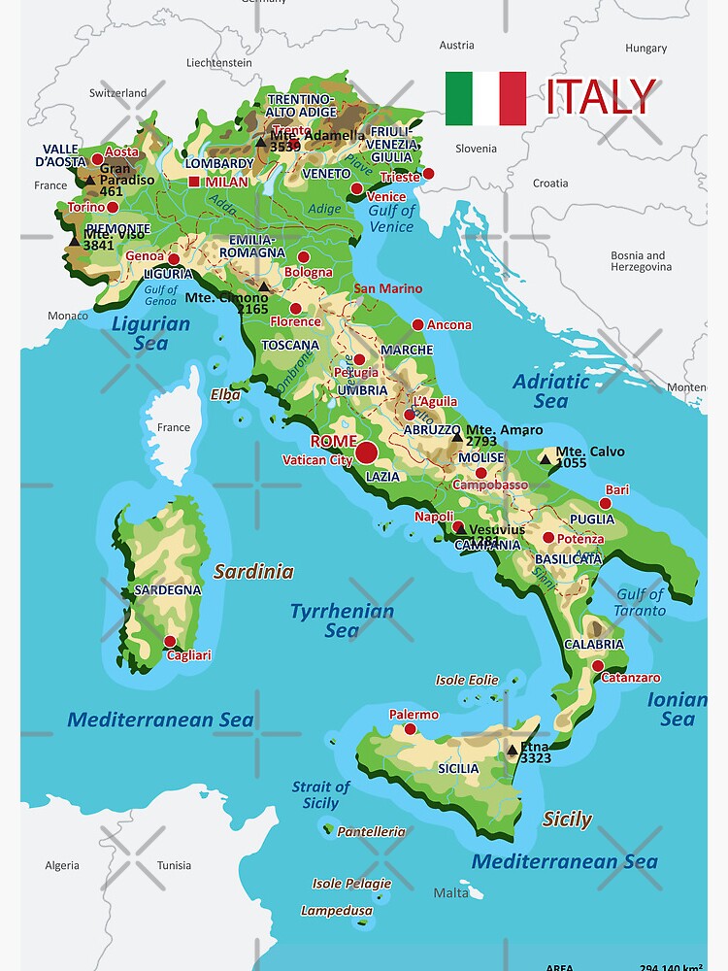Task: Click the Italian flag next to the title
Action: click(x=485, y=98)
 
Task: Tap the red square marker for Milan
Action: click(x=194, y=182)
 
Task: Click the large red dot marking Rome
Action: click(x=366, y=452)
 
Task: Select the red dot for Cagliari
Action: click(x=170, y=641)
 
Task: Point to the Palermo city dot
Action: click(x=410, y=728)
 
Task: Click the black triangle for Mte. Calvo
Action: click(x=546, y=459)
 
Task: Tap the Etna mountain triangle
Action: click(x=512, y=750)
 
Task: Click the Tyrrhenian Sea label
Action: click(x=342, y=620)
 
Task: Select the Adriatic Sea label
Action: click(x=550, y=390)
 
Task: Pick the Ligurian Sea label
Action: click(x=150, y=332)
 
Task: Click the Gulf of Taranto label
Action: click(x=640, y=602)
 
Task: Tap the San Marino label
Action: click(x=387, y=288)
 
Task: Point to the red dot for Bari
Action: click(x=606, y=503)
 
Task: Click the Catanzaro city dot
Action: click(x=598, y=665)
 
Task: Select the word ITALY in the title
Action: click(x=601, y=97)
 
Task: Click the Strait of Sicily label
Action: click(x=320, y=794)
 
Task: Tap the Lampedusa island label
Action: click(x=336, y=911)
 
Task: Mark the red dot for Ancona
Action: click(x=417, y=325)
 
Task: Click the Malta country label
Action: click(x=450, y=892)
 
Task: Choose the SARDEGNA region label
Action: click(x=168, y=589)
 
